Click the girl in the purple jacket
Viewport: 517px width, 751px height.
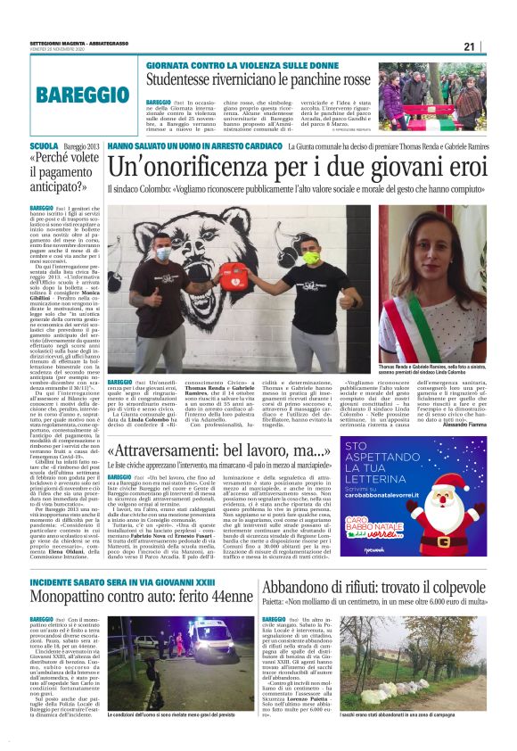pyautogui.click(x=392, y=96)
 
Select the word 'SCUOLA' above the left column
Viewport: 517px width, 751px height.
pyautogui.click(x=44, y=145)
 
